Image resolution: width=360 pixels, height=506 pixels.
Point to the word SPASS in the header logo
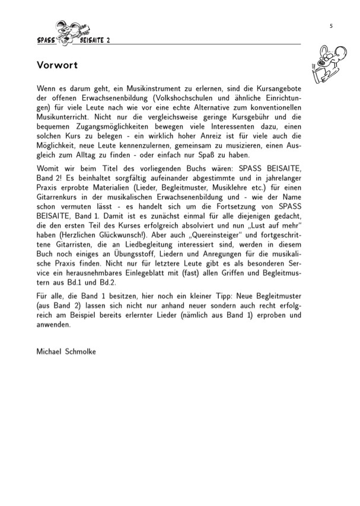pyautogui.click(x=46, y=40)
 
